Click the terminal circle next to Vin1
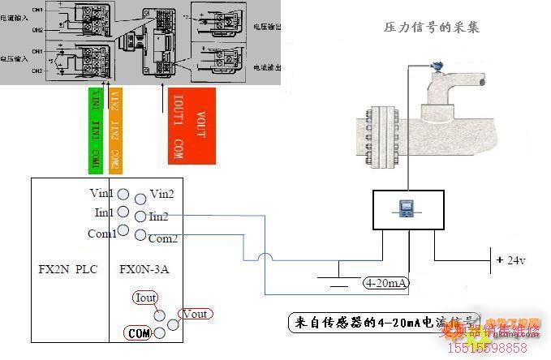pyautogui.click(x=123, y=194)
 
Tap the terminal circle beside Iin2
pyautogui.click(x=141, y=216)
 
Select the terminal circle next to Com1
pyautogui.click(x=123, y=231)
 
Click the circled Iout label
pyautogui.click(x=147, y=298)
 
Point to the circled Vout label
pyautogui.click(x=196, y=314)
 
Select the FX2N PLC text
pyautogui.click(x=67, y=268)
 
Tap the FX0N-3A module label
pyautogui.click(x=146, y=268)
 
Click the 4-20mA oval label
pyautogui.click(x=387, y=283)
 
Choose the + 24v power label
pyautogui.click(x=511, y=260)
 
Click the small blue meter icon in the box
pyautogui.click(x=407, y=210)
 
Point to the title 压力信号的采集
pyautogui.click(x=432, y=27)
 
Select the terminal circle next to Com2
pyautogui.click(x=141, y=236)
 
